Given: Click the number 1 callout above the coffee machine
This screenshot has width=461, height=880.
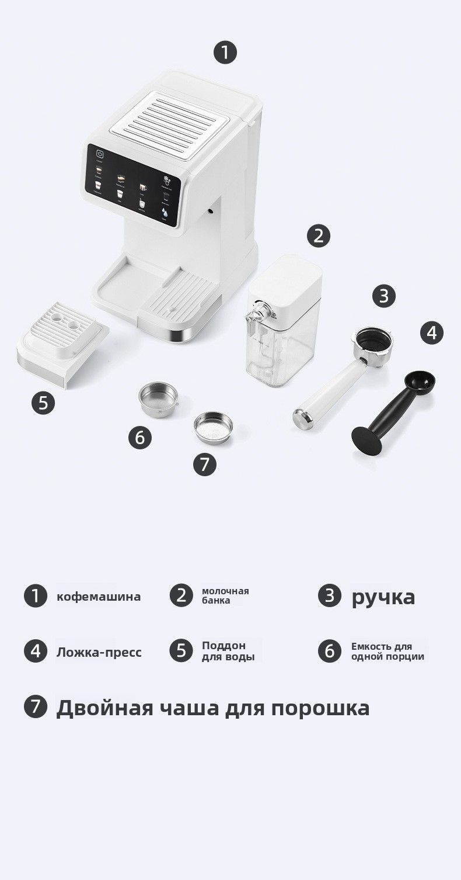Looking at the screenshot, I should pos(225,53).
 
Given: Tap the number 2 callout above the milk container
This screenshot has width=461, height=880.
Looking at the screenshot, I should pos(318,236).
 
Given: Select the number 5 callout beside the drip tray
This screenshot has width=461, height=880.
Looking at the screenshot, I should pos(43,403).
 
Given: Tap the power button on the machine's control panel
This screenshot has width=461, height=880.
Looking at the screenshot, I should pos(100,155).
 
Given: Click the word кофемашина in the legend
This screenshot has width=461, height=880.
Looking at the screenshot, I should pos(99,597).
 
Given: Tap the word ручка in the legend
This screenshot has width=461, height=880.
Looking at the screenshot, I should pos(383,597).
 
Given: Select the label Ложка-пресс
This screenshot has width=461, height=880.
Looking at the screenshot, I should pos(99,652).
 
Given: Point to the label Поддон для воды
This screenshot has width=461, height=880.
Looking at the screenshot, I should pos(228,651).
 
